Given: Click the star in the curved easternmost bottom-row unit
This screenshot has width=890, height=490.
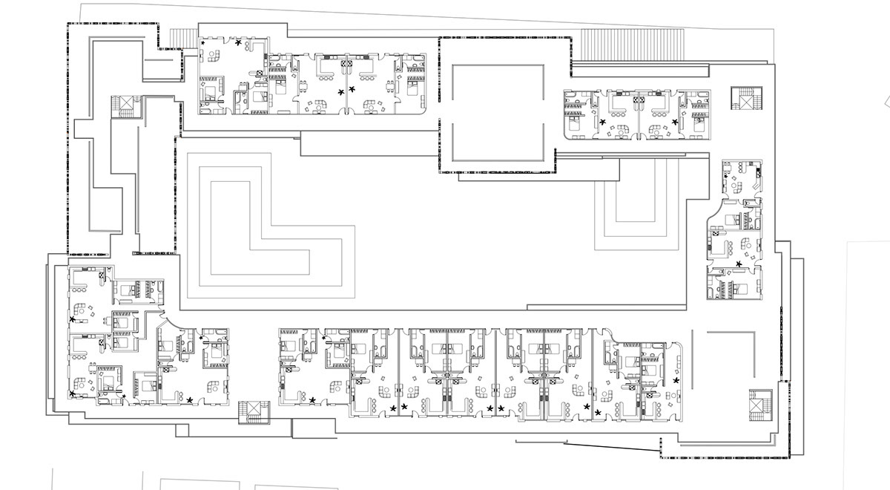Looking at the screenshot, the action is [676, 381].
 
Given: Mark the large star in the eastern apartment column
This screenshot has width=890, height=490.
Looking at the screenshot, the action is [738, 264].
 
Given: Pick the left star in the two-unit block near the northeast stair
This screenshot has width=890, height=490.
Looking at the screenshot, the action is [603, 121].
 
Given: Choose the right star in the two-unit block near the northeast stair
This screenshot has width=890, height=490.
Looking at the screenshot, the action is [674, 121].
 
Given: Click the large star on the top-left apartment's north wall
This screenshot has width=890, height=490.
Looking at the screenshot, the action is [238, 44].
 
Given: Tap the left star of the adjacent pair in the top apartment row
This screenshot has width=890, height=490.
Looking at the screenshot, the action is [342, 91].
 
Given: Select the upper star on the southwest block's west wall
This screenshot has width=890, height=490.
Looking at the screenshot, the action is [73, 319].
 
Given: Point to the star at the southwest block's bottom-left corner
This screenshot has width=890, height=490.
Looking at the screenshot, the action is [73, 393].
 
